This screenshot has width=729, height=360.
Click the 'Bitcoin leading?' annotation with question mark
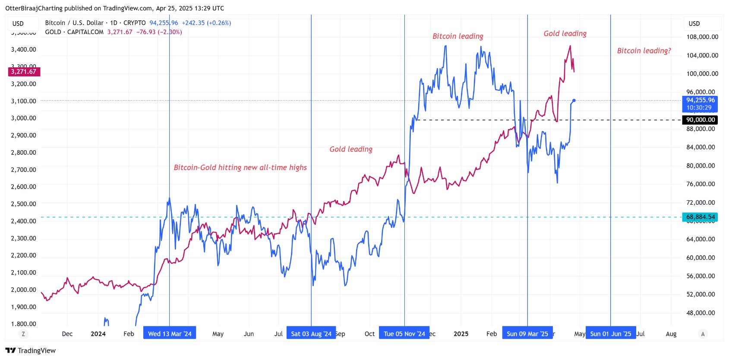tap(644, 51)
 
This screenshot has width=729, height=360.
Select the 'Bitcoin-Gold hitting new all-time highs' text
tap(240, 167)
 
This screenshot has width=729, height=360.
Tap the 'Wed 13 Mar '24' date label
tap(170, 334)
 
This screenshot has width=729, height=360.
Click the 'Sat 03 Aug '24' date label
tap(311, 334)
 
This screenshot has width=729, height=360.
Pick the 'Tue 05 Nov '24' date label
tap(404, 334)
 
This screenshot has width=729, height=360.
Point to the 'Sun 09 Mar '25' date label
tap(527, 334)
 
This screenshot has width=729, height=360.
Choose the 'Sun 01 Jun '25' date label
tap(611, 334)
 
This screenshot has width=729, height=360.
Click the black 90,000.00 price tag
tap(701, 120)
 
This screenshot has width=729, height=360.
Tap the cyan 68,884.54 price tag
tap(700, 217)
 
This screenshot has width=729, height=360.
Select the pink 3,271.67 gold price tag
tap(24, 72)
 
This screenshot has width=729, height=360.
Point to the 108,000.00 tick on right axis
tap(702, 37)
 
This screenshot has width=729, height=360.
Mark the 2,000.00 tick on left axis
tap(24, 290)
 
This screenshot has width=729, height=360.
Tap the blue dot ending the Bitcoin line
tap(574, 101)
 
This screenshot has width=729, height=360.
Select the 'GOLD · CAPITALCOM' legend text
tap(74, 32)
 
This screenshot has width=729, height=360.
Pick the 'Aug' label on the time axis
tap(671, 334)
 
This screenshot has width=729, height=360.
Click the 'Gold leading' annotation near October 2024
tap(351, 149)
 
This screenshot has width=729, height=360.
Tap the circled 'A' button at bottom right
tap(703, 334)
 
